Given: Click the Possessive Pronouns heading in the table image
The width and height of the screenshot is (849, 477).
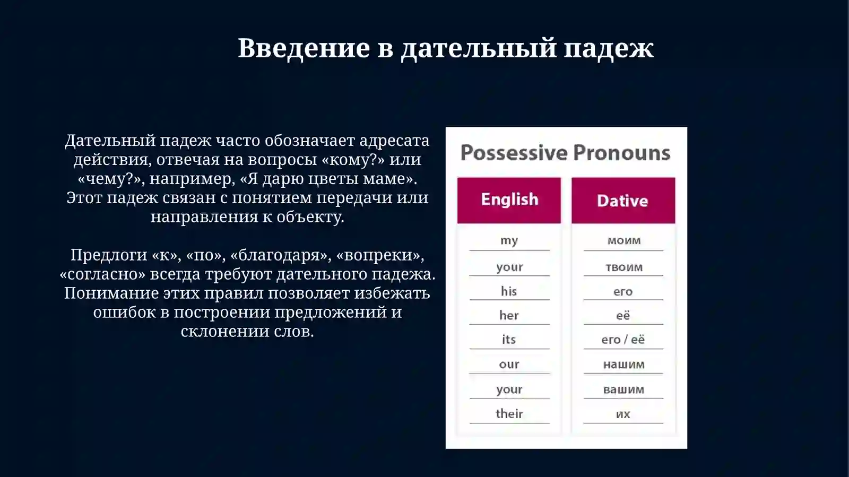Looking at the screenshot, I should click(x=565, y=153).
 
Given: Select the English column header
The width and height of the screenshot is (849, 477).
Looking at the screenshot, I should click(x=509, y=200).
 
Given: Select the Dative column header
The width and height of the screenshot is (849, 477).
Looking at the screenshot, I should click(x=622, y=201).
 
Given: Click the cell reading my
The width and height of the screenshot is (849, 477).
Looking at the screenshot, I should click(x=509, y=240).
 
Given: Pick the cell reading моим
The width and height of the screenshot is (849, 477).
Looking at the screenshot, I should click(x=623, y=240).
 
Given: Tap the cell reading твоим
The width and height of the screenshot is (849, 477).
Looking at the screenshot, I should click(x=623, y=267).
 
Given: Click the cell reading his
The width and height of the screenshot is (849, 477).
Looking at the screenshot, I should click(x=509, y=291).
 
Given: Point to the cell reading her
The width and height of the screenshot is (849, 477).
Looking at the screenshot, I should click(x=509, y=316).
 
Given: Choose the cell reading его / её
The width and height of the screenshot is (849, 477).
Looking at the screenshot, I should click(x=623, y=340).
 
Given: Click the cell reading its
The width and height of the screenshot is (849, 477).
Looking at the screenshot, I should click(x=509, y=340).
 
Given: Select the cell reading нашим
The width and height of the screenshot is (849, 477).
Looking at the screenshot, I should click(x=623, y=365).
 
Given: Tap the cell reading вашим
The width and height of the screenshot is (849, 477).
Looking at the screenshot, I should click(x=623, y=389).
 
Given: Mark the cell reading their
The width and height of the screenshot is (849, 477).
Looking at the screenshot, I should click(x=509, y=414).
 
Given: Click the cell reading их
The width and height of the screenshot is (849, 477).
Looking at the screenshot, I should click(x=623, y=414).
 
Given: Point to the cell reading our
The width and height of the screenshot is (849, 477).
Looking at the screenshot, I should click(x=509, y=365).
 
